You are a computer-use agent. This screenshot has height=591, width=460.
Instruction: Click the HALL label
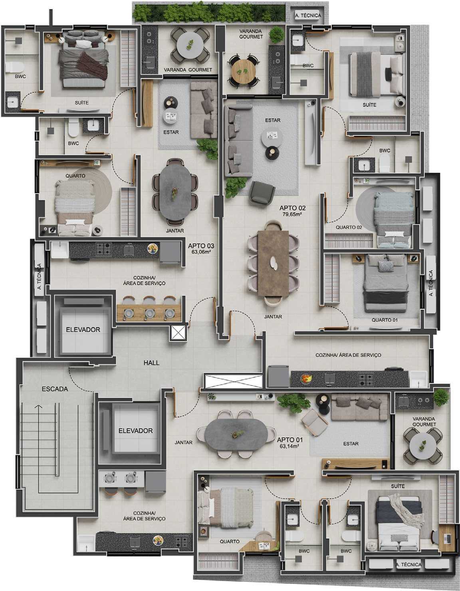coord(151,363)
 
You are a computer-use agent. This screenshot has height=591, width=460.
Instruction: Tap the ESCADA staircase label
coord(55,389)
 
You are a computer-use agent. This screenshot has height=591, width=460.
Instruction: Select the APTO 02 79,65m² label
coord(292,210)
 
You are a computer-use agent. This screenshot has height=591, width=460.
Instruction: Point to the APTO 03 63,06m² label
coord(201,248)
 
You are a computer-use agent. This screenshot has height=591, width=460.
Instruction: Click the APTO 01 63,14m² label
coord(290,443)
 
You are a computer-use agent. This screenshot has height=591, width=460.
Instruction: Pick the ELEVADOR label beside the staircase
coord(135,431)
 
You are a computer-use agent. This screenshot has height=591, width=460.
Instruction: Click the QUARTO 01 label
coord(385,320)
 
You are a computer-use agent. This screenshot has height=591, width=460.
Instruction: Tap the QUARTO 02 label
coord(349,227)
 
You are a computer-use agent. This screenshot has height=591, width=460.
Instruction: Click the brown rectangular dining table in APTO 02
coord(273,263)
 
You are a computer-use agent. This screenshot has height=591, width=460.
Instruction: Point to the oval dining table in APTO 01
coord(234,434)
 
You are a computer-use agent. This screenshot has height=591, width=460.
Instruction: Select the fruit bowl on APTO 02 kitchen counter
coord(306,379)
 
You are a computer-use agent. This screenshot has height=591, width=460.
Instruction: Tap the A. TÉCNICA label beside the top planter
coord(308,16)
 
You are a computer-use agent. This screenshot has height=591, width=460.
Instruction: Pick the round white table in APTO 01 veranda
coord(422,446)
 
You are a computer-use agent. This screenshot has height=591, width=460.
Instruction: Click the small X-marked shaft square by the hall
coord(178,333)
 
